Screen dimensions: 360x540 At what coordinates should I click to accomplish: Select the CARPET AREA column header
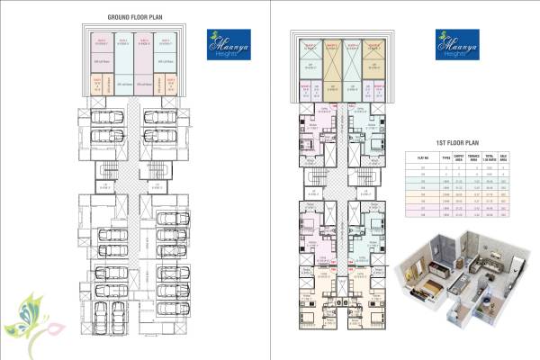454,157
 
